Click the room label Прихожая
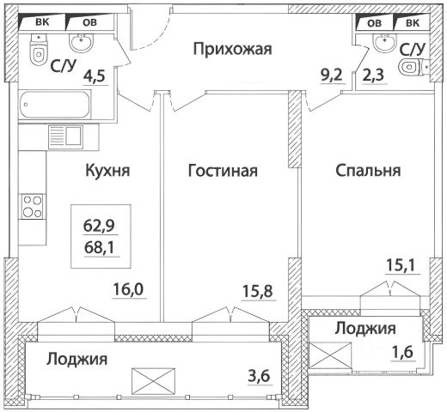point(232,49)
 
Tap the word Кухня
point(107,170)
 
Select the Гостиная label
point(223,171)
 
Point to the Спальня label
point(368,171)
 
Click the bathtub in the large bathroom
point(54,105)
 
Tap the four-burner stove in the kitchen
point(33,207)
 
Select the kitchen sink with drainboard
point(65,136)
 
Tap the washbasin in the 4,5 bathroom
point(82,43)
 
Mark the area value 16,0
point(130,289)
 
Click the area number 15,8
point(258,292)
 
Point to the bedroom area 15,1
point(402,265)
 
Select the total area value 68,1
point(99,247)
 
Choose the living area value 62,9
point(99,226)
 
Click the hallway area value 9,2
point(332,76)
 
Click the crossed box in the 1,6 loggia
point(331,355)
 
